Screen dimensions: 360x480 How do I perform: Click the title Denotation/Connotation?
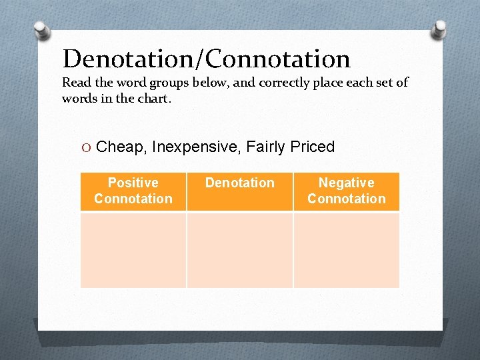coord(206,59)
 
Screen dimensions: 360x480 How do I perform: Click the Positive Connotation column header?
coord(133,191)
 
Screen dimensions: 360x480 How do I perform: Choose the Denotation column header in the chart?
coord(240,183)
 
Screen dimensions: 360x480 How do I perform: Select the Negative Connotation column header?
coord(346,191)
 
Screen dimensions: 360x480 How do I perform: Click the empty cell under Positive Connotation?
coord(133,249)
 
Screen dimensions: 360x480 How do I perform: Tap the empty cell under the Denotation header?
coord(240,249)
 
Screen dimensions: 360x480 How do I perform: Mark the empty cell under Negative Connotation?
coord(346,249)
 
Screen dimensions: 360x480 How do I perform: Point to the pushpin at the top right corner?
coord(440,29)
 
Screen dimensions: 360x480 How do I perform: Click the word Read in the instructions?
coord(75,83)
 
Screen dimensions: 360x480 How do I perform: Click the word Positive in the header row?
coord(133,183)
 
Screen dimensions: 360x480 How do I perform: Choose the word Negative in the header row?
coord(346,183)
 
